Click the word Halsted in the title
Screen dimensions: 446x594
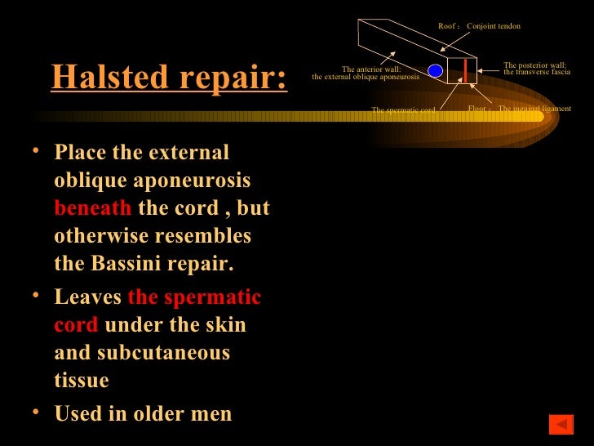tap(104, 78)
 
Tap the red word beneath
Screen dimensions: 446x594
tap(92, 208)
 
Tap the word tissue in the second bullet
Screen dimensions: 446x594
tap(82, 381)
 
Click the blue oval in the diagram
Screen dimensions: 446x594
tap(436, 71)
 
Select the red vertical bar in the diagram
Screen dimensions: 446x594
tap(465, 70)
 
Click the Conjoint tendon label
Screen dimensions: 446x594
tap(493, 26)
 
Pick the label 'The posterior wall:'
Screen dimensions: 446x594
tap(534, 65)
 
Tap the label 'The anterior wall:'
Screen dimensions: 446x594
tap(370, 69)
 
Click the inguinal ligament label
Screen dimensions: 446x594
tap(534, 109)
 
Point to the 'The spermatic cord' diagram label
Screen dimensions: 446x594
tap(403, 109)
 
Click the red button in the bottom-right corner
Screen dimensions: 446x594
tap(561, 424)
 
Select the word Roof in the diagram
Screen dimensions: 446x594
tap(446, 26)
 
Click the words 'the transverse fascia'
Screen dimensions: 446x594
tap(536, 72)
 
